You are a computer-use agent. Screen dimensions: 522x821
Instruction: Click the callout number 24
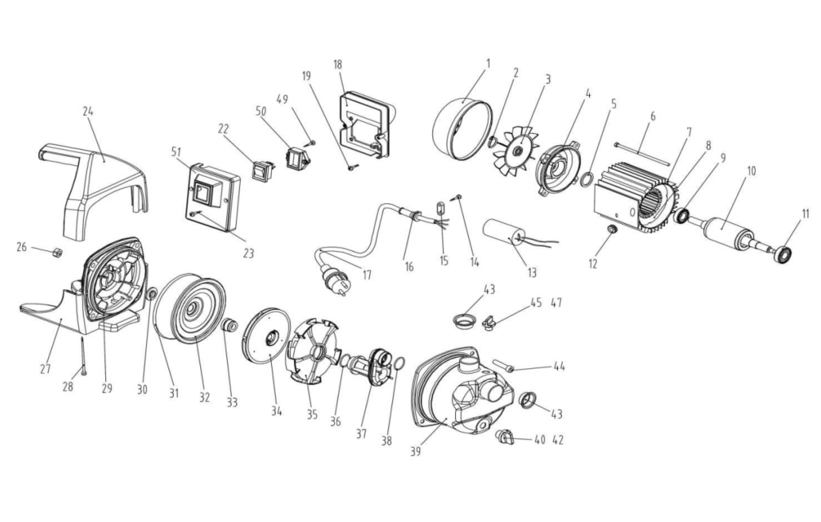point(88,112)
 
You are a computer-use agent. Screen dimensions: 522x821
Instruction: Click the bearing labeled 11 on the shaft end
point(784,255)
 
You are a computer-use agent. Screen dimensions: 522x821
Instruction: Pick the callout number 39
point(414,451)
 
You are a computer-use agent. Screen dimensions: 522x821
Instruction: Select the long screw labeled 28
point(82,355)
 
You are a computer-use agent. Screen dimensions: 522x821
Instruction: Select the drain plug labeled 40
point(505,436)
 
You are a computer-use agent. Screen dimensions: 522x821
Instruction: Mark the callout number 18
point(338,63)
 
